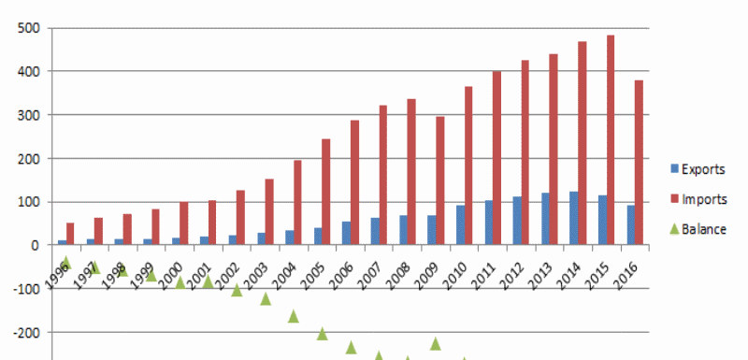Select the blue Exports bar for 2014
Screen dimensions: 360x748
point(574,218)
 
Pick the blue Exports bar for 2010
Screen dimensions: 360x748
point(460,225)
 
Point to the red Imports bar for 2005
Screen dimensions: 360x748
point(326,192)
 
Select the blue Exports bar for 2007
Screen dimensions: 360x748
point(375,231)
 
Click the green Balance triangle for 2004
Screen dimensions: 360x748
point(294,316)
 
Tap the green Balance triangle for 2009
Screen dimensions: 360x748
point(436,343)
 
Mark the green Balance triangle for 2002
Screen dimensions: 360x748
point(237,290)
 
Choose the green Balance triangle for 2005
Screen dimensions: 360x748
point(323,334)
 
